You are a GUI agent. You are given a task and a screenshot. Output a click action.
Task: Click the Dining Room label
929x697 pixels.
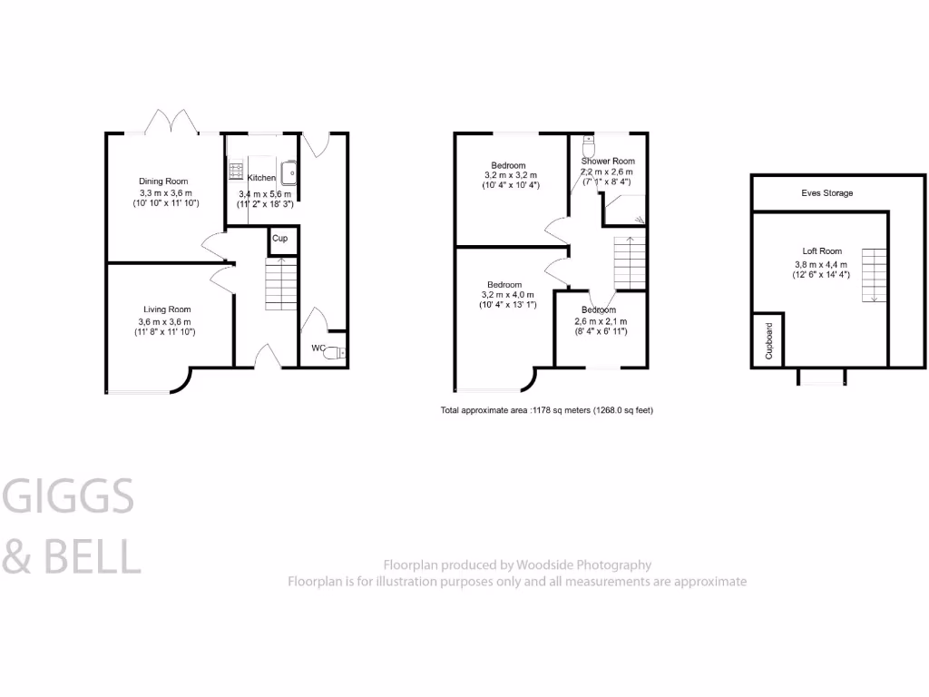[163, 182]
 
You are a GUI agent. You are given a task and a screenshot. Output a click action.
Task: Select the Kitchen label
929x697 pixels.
[262, 178]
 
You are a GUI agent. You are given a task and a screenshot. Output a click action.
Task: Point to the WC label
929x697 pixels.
[318, 348]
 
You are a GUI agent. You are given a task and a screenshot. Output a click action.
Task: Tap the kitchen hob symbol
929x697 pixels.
[235, 170]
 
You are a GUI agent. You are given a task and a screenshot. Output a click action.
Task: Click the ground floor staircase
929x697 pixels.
[281, 283]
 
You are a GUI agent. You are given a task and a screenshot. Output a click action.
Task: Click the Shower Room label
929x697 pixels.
[608, 161]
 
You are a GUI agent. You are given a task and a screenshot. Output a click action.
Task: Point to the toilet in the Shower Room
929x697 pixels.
[588, 144]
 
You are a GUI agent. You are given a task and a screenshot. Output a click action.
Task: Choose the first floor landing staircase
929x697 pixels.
[630, 261]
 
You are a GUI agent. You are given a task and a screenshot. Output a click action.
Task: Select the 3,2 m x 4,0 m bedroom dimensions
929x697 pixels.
[508, 295]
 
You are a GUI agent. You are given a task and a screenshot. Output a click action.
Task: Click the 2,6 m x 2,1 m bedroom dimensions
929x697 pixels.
[600, 322]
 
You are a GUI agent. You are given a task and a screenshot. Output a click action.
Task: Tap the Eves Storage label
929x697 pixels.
[826, 193]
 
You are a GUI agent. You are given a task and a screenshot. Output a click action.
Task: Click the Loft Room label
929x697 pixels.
[822, 251]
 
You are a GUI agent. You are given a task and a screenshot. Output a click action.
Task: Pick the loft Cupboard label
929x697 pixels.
[768, 340]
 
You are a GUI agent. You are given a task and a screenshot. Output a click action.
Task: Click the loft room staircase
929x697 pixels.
[872, 274]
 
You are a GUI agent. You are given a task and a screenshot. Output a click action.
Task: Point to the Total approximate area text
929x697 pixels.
[546, 410]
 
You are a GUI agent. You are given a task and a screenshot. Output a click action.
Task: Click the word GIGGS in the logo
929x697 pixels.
[69, 496]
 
